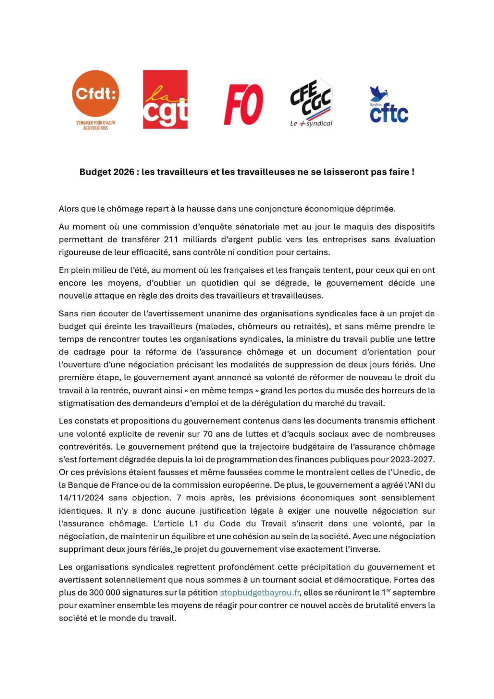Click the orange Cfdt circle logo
[x=96, y=94]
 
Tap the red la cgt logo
[x=165, y=99]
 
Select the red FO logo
[x=243, y=104]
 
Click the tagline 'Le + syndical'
[x=311, y=123]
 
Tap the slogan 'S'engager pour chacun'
[x=96, y=123]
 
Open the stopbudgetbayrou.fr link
[x=259, y=592]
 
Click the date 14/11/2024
[x=81, y=498]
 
